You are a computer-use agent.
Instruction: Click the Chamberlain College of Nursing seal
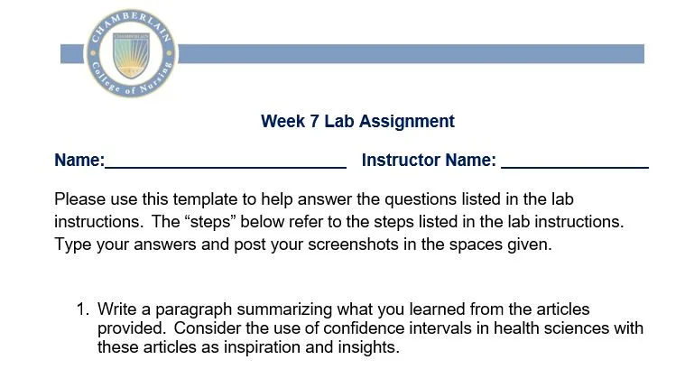[131, 53]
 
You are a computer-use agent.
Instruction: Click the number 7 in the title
[315, 121]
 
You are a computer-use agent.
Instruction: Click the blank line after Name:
[226, 167]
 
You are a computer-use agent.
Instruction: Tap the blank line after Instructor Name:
[575, 167]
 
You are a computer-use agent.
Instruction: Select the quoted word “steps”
[209, 222]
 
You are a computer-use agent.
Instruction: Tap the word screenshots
[353, 244]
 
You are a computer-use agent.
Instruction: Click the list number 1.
[82, 309]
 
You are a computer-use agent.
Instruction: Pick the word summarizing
[284, 309]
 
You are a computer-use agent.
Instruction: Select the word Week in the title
[282, 121]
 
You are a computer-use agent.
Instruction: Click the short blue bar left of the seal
[72, 54]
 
